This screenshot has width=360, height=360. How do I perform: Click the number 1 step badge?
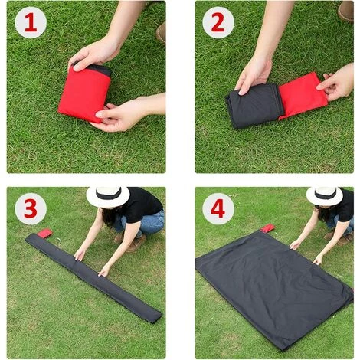click(x=30, y=22)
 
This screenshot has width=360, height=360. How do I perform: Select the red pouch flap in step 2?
click(x=301, y=95)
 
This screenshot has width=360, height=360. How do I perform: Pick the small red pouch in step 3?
click(x=45, y=232)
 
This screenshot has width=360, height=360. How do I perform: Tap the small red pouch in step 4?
click(x=267, y=228)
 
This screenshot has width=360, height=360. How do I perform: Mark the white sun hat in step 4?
click(x=325, y=195)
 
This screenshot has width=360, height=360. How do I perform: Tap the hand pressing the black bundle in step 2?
click(x=254, y=74)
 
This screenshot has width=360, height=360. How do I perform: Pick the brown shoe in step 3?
click(x=136, y=244)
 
